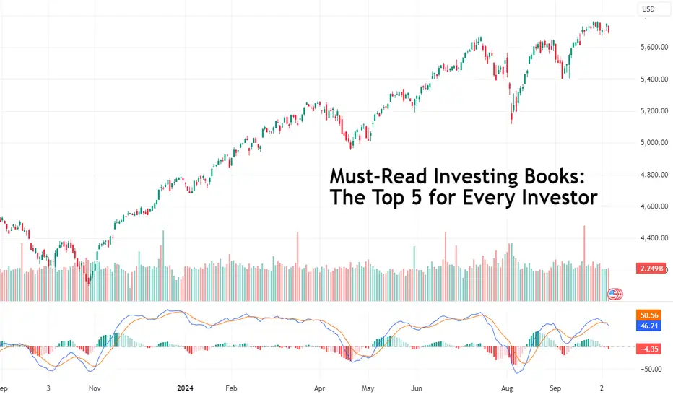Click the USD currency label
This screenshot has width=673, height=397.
[648, 9]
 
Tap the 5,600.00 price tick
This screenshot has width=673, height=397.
[654, 47]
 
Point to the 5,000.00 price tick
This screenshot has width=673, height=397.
[654, 142]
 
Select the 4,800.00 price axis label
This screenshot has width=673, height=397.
[654, 175]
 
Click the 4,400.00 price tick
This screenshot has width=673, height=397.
[654, 237]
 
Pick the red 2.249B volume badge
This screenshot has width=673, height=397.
[651, 269]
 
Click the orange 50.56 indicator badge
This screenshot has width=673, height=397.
[649, 315]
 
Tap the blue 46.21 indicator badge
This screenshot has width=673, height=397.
[649, 326]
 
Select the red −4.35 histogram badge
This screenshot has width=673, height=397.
[649, 349]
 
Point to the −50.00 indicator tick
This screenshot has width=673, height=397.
[651, 369]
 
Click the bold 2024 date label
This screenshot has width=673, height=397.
[185, 388]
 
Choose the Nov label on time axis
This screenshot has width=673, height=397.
[95, 388]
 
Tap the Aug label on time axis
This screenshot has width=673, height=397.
[507, 388]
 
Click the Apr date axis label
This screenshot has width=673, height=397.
[319, 388]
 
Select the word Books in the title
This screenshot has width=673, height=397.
[554, 176]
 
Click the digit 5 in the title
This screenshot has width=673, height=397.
[417, 198]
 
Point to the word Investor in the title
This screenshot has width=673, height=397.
[560, 198]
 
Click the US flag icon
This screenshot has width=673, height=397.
[613, 294]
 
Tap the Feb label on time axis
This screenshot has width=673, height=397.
[231, 388]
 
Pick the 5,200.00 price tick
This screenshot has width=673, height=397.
[654, 111]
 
